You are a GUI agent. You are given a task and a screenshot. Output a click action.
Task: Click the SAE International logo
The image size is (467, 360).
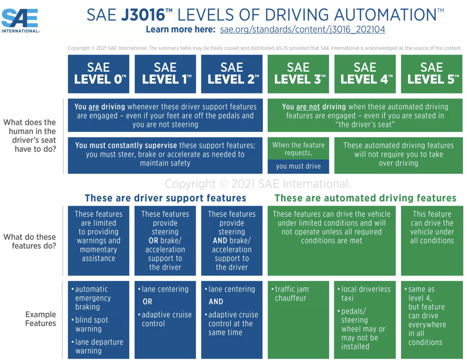(x=20, y=20)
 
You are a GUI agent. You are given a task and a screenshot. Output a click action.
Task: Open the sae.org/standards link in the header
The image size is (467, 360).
(x=302, y=30)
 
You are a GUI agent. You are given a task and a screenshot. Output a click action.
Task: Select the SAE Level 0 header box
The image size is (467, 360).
(x=99, y=74)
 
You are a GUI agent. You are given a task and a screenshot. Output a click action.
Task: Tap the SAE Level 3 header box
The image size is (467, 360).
(x=298, y=74)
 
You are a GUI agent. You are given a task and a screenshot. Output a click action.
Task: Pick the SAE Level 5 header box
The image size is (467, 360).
(x=432, y=74)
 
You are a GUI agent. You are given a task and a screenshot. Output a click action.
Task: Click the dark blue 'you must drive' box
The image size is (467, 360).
(x=298, y=166)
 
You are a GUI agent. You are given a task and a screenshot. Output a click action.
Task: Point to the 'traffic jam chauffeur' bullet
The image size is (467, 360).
(x=292, y=294)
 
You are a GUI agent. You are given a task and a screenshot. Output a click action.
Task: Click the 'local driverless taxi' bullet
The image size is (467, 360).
(x=365, y=294)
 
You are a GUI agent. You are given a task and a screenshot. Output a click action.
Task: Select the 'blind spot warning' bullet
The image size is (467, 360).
(x=91, y=325)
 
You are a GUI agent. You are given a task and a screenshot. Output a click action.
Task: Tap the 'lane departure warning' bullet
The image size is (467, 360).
(x=99, y=346)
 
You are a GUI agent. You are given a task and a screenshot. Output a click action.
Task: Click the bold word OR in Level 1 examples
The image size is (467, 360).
(x=147, y=302)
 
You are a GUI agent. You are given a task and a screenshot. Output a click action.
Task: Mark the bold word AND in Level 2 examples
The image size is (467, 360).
(x=216, y=302)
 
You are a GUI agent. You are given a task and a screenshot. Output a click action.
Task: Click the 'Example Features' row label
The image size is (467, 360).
(x=40, y=319)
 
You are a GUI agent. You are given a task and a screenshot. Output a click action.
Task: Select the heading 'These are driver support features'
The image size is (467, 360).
(x=166, y=198)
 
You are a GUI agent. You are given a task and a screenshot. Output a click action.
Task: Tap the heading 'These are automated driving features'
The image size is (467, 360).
(x=365, y=198)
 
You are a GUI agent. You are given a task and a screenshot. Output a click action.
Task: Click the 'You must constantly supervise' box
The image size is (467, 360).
(x=165, y=155)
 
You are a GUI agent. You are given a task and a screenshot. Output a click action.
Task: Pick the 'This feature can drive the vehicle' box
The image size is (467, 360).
(x=432, y=227)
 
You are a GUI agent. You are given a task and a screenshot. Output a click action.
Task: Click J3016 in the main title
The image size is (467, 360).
(x=143, y=15)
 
